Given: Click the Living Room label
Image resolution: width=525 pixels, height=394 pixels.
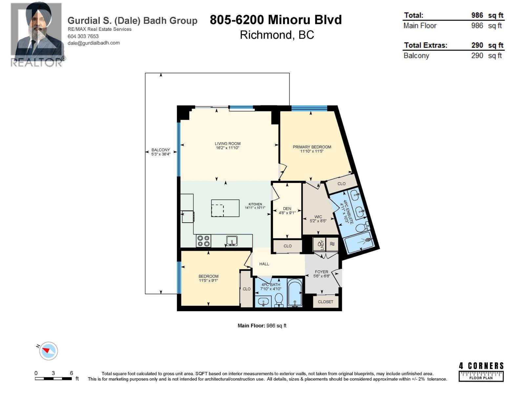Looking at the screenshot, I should pos(227,143).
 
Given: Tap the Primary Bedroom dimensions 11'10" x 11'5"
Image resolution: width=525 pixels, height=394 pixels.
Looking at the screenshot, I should pos(312,151).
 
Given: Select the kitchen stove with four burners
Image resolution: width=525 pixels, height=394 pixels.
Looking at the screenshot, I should pos(203,241).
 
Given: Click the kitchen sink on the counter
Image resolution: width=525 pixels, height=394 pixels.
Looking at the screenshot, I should pos(232,241).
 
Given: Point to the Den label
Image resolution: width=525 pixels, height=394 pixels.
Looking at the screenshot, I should pos(287,208).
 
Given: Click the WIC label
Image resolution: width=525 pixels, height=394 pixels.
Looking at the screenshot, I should pos(318,217).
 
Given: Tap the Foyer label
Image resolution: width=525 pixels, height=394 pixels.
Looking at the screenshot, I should pos(321,272).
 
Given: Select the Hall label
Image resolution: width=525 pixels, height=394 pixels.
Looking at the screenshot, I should pos(264,264).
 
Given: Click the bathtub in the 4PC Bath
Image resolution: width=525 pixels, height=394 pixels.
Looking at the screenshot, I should pos(295,293).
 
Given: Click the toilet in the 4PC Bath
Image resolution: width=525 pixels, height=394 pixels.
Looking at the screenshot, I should pos(279,299).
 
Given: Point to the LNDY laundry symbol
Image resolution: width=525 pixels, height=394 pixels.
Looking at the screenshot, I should pos(320,245).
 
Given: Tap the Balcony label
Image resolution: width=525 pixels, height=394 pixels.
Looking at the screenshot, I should pos(160,150).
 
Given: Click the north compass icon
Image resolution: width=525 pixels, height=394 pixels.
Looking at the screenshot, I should pos(48,351).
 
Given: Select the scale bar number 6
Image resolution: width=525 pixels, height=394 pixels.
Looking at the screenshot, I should pos(71,373).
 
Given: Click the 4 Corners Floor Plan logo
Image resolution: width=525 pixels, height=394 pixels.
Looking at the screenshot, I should pos(481,371).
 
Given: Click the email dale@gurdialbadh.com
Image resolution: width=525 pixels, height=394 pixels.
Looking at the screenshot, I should pos(94,43).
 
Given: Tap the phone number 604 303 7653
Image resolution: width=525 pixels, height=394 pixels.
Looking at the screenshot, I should pos(83,36).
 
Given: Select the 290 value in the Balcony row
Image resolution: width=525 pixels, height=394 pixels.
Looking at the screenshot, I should pos(477,55).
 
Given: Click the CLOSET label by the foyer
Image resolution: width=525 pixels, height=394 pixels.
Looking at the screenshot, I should pos(325,302).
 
